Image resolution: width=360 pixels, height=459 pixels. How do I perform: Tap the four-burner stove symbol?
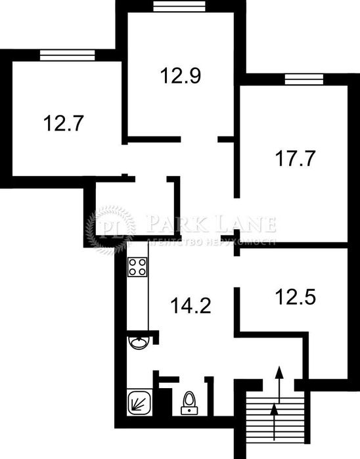[x=137, y=266]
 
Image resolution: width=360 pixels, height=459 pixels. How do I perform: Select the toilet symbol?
[x=189, y=401]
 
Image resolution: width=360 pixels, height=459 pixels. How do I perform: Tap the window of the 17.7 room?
[x=304, y=79]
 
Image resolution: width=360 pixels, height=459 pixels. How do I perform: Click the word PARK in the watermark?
[x=173, y=224]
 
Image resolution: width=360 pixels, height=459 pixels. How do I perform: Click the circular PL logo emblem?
[x=110, y=230]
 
